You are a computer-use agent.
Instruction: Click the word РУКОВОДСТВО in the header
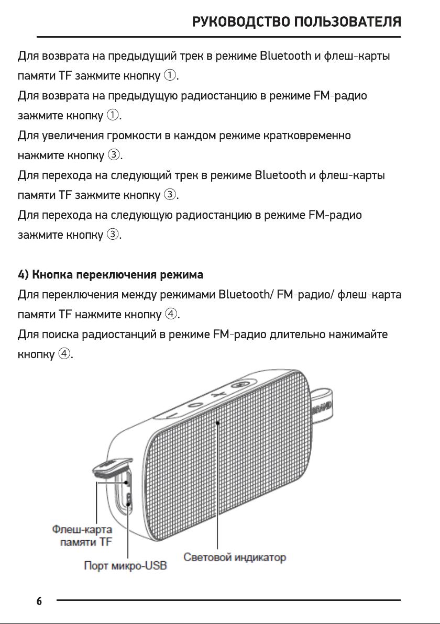[241, 21]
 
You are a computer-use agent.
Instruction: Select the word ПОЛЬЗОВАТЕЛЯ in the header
[348, 21]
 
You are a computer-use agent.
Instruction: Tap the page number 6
[39, 601]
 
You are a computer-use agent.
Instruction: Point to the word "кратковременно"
[307, 135]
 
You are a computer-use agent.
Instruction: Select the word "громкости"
[134, 136]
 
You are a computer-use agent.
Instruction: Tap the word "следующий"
[141, 175]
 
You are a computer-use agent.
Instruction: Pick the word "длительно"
[298, 335]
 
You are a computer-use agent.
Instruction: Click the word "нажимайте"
[358, 335]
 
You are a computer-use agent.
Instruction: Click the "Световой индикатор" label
[235, 557]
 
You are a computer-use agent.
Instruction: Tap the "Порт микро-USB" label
[125, 565]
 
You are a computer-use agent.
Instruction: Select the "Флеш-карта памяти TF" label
[82, 536]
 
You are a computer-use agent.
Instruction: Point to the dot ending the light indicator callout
[217, 422]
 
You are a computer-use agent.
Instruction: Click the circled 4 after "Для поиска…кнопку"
[64, 354]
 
